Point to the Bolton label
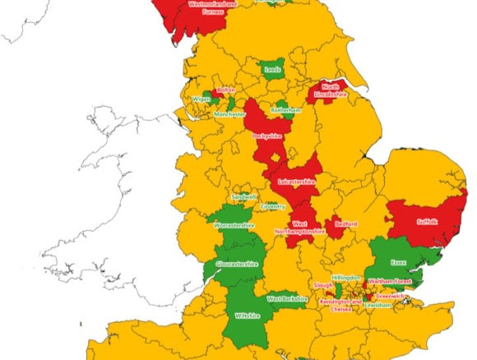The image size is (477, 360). [x=225, y=90]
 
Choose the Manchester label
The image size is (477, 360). [x=230, y=114]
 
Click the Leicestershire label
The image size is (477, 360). [x=297, y=180]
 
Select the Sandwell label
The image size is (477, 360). [x=244, y=196]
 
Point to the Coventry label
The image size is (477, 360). [x=273, y=206]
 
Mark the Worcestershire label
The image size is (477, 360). [x=234, y=224]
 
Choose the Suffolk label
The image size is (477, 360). [x=428, y=221]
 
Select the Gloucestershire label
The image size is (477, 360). [x=237, y=264]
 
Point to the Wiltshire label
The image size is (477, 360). [x=247, y=316]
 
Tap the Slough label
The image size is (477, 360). [x=322, y=285]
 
